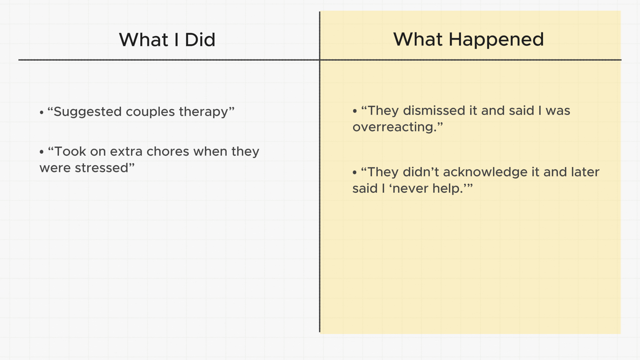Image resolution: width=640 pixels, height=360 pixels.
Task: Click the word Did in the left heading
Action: coord(200,40)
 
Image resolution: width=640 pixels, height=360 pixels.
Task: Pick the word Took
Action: coord(70,151)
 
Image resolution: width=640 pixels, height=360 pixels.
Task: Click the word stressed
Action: coord(101,168)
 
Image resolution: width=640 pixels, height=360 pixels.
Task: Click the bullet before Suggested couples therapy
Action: coord(42,112)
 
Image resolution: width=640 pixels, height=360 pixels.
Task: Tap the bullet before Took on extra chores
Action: coord(42,152)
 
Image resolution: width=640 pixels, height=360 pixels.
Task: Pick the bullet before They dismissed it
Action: coord(355,111)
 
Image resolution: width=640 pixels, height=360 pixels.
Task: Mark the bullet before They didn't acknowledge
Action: coord(355,173)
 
